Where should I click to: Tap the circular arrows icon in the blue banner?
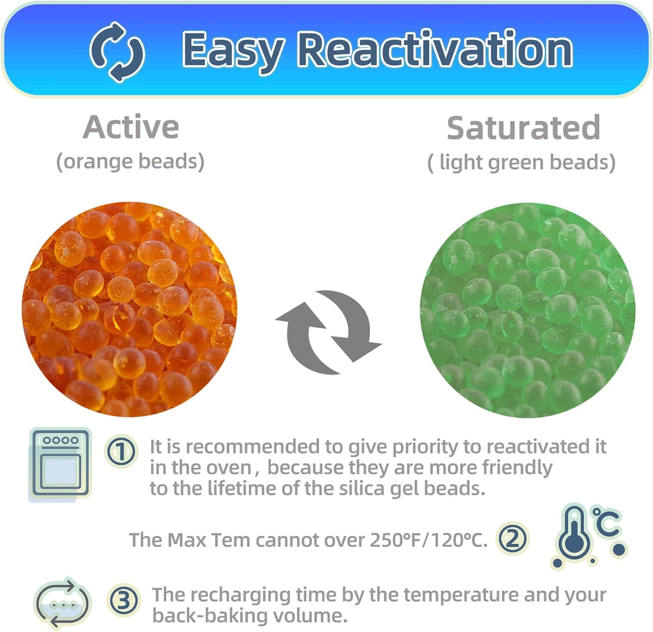click(x=117, y=51)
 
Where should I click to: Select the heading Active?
click(x=131, y=127)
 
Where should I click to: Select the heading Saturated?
click(x=523, y=128)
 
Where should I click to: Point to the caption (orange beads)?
click(x=130, y=162)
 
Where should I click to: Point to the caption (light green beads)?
click(x=521, y=163)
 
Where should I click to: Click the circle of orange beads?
click(x=130, y=309)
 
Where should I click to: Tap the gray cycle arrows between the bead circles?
click(x=329, y=332)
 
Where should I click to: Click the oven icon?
click(x=60, y=464)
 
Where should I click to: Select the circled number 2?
click(x=512, y=539)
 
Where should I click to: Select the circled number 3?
click(x=124, y=600)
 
